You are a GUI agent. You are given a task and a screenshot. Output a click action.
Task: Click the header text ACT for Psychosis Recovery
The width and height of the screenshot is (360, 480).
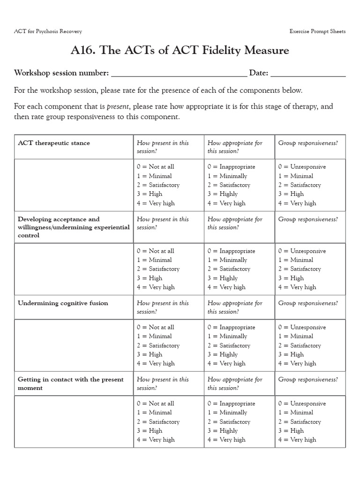click(x=48, y=31)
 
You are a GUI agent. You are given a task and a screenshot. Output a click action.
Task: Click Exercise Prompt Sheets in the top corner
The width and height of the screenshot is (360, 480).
click(x=318, y=31)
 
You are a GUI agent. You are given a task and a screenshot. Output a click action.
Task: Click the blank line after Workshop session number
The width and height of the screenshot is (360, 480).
click(x=179, y=74)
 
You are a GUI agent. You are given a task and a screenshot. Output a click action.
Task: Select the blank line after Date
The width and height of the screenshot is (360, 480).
click(x=308, y=74)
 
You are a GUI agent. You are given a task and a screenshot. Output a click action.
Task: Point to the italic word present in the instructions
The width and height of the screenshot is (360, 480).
click(x=117, y=106)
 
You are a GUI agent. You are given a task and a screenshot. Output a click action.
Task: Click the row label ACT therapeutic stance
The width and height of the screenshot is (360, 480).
click(x=54, y=143)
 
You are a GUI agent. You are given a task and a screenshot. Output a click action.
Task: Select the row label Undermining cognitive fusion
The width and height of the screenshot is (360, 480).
click(x=63, y=303)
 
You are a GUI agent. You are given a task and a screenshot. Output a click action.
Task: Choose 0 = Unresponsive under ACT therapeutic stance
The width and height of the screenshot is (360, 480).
click(x=302, y=167)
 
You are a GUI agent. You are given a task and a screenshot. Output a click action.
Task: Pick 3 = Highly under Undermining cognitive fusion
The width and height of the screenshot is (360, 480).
click(x=223, y=354)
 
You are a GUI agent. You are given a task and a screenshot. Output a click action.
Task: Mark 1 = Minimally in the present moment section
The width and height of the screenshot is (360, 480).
click(x=227, y=412)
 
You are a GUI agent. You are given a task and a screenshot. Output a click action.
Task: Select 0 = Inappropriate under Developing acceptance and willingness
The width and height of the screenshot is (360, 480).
click(x=231, y=251)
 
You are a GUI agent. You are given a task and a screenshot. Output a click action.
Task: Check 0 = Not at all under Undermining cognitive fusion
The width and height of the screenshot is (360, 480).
click(x=155, y=327)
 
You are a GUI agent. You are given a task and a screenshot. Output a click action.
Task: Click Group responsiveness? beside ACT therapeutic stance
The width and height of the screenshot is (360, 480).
click(x=308, y=143)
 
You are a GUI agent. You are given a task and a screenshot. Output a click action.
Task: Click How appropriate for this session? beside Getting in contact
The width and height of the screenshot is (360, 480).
click(x=235, y=383)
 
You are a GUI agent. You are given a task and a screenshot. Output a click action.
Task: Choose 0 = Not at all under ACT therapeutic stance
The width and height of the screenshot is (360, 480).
click(x=155, y=167)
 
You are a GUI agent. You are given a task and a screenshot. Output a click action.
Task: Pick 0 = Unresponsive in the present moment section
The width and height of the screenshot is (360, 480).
click(x=302, y=404)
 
